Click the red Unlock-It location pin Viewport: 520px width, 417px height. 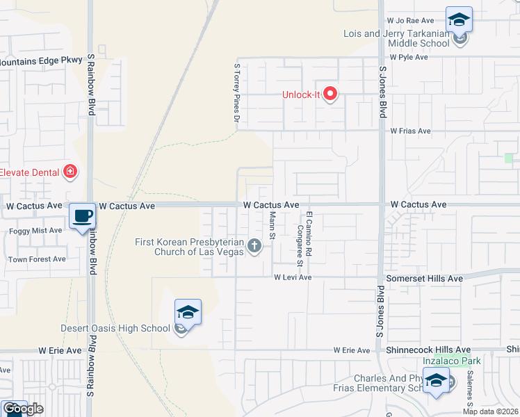[x=331, y=94]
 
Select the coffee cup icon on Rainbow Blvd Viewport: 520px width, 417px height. [x=83, y=216]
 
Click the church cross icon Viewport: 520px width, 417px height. [x=255, y=245]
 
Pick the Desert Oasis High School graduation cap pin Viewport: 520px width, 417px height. [x=187, y=313]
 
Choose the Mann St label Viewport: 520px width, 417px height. [x=273, y=226]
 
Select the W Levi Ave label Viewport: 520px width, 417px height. [x=293, y=277]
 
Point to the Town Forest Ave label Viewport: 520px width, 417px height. [x=37, y=259]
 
